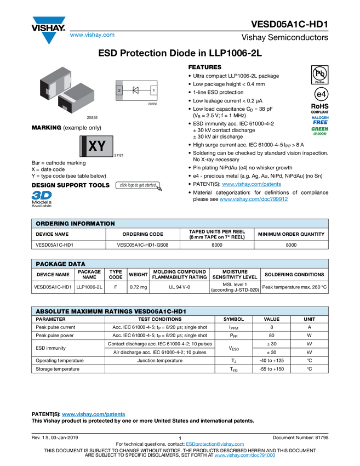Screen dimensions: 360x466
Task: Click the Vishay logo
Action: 48,29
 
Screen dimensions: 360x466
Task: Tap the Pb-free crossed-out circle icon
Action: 320,73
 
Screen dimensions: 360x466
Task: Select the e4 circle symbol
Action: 320,94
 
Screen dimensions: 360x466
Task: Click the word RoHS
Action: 320,106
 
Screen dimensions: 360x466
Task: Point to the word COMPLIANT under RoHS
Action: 320,112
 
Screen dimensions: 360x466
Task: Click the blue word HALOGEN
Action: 320,117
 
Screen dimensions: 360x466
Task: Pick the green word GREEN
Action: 320,129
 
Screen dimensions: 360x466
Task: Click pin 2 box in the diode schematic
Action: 119,90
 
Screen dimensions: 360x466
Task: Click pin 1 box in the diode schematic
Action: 154,90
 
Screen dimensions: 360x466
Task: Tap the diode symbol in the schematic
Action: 136,90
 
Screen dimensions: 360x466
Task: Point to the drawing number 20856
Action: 153,104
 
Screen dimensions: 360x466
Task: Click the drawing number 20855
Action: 92,117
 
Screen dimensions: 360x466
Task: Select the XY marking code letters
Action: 97,146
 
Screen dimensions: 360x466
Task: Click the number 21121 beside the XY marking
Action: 118,156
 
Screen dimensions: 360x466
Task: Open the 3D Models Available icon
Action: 41,199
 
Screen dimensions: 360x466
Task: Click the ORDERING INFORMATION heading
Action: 75,224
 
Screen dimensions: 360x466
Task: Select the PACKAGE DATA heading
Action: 60,264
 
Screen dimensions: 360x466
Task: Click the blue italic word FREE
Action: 320,123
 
